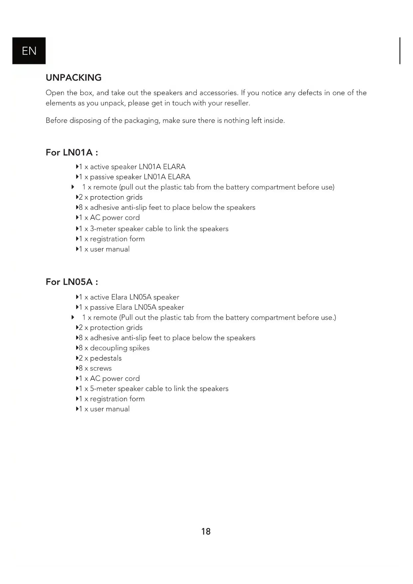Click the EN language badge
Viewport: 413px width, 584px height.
pyautogui.click(x=29, y=51)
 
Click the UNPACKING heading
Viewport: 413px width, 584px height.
pyautogui.click(x=74, y=78)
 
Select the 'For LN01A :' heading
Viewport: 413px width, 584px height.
pyautogui.click(x=72, y=152)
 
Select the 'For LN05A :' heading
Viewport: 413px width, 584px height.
pyautogui.click(x=72, y=282)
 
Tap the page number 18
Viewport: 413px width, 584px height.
pyautogui.click(x=206, y=531)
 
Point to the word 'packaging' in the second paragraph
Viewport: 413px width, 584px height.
pyautogui.click(x=141, y=121)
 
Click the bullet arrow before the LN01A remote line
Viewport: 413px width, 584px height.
pyautogui.click(x=73, y=187)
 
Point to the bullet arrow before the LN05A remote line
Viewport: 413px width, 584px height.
pyautogui.click(x=73, y=317)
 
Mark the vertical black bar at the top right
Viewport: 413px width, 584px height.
pyautogui.click(x=400, y=51)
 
